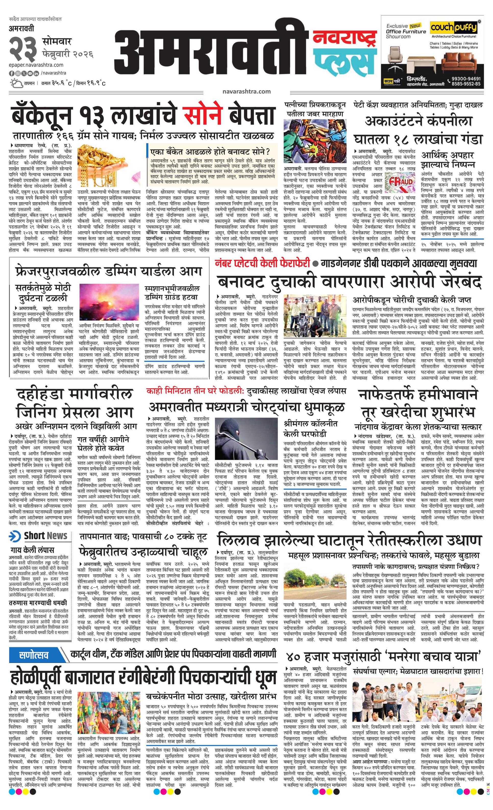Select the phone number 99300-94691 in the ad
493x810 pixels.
tap(464, 79)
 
